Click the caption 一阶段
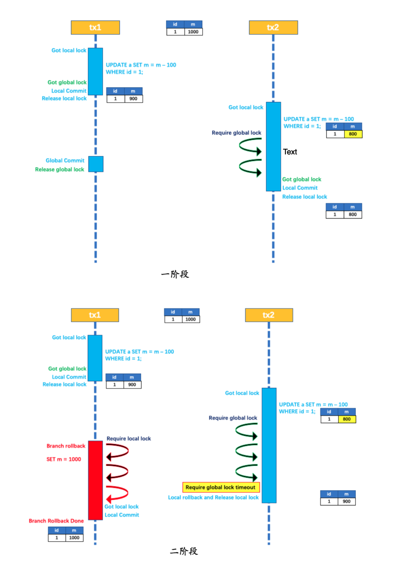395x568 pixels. (x=175, y=274)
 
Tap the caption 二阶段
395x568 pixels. (x=184, y=551)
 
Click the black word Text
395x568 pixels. (x=290, y=152)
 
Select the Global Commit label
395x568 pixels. (x=65, y=160)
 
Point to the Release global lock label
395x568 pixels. (x=60, y=169)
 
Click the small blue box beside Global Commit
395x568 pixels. (x=96, y=164)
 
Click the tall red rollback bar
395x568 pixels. (x=95, y=480)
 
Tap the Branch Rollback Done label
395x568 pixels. (x=56, y=521)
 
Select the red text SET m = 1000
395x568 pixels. (x=64, y=459)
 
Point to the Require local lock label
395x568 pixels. (x=129, y=439)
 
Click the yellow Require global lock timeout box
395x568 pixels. (x=221, y=487)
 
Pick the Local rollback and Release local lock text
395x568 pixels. (x=213, y=498)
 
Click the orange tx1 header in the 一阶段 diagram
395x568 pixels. (x=95, y=27)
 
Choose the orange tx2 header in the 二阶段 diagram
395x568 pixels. (x=269, y=315)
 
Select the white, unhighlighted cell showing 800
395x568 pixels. (x=353, y=214)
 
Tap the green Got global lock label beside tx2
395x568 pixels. (x=302, y=179)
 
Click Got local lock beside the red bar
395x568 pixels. (x=121, y=507)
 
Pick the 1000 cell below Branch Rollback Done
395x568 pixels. (x=74, y=538)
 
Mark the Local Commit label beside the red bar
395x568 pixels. (x=122, y=515)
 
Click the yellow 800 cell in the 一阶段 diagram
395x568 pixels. (x=353, y=134)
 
